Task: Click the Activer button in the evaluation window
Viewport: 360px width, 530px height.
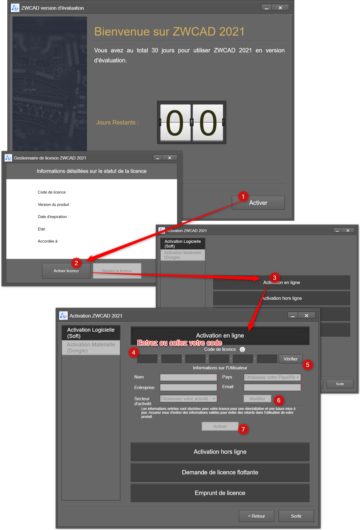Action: (258, 203)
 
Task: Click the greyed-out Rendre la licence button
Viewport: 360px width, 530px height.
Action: (117, 271)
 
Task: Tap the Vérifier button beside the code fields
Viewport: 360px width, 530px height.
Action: (291, 359)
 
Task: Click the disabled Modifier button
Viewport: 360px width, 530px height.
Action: (257, 398)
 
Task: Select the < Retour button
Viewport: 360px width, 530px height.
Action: (256, 516)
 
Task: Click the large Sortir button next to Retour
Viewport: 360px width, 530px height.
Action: (296, 516)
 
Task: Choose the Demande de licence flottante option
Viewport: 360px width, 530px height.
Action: (220, 472)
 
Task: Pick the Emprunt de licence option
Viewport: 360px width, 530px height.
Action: (220, 493)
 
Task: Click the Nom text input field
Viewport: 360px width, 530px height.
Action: (188, 377)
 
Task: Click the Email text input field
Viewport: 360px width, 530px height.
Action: (272, 387)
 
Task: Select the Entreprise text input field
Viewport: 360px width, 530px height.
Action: (188, 387)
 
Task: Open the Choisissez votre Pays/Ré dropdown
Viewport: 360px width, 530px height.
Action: (272, 377)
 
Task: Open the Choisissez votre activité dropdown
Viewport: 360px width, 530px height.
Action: (188, 398)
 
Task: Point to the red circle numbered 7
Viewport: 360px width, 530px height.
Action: (243, 429)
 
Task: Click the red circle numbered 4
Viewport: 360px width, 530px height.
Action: (134, 352)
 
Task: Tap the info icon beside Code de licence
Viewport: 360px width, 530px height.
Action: (242, 349)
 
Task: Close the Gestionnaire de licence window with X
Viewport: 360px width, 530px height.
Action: (170, 158)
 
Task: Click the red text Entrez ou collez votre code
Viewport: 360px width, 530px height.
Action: (180, 343)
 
